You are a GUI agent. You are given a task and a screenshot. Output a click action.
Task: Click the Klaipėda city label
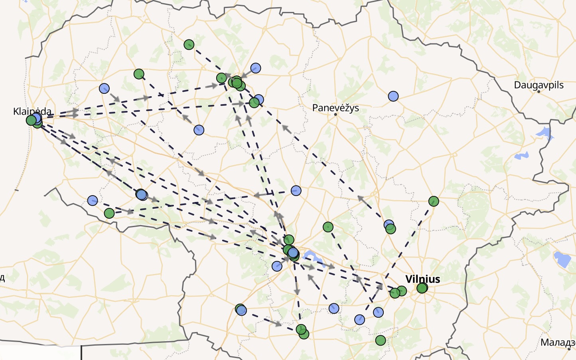point(32,111)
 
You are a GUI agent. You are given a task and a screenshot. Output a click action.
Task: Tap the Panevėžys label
point(335,108)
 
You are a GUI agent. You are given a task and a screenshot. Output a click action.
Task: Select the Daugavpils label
point(539,85)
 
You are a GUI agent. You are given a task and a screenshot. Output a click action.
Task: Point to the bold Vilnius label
point(422,279)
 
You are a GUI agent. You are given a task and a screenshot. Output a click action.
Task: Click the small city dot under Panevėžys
point(336,115)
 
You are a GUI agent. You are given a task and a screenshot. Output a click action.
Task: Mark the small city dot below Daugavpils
point(539,92)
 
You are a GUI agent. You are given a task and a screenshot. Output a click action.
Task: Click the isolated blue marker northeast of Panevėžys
point(393,96)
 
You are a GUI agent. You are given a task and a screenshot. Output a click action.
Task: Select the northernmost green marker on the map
point(189,44)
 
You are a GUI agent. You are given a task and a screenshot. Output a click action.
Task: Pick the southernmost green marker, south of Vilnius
point(381,340)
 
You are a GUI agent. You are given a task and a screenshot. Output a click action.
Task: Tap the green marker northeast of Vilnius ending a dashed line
point(434,201)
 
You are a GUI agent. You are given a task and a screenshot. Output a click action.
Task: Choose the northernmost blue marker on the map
point(256,68)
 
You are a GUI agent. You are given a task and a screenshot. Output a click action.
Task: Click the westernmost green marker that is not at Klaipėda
point(109,214)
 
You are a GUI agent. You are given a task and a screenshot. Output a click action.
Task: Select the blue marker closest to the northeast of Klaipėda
point(104,88)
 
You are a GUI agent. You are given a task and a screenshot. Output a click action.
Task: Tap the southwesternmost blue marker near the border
point(93,200)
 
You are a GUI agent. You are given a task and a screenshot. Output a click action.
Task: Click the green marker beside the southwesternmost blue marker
point(109,214)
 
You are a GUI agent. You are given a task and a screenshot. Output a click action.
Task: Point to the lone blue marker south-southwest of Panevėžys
point(296,191)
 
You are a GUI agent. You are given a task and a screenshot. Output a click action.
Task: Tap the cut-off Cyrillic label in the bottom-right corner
point(558,342)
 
